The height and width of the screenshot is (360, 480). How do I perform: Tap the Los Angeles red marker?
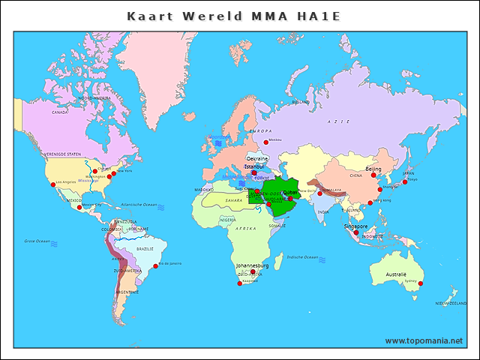(x=52, y=185)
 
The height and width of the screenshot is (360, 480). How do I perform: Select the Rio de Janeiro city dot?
(x=155, y=265)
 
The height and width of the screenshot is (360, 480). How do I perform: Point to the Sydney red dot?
(x=421, y=283)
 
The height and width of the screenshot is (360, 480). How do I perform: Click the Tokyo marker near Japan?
(x=405, y=181)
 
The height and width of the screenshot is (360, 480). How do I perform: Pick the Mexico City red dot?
(x=79, y=207)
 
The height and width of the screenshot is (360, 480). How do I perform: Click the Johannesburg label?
(x=251, y=265)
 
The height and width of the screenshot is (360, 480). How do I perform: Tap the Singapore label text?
(x=355, y=226)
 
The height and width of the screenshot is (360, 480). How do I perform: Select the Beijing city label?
(x=373, y=169)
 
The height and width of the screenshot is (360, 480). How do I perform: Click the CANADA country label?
(x=60, y=112)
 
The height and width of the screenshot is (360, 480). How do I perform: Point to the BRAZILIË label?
(x=144, y=248)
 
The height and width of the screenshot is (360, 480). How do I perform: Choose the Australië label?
(x=396, y=274)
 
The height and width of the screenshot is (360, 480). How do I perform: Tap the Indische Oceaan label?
(x=302, y=257)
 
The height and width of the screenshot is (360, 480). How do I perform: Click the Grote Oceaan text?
(x=36, y=241)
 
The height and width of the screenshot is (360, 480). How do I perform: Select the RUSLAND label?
(x=300, y=102)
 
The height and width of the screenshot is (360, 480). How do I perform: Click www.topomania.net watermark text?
(x=424, y=340)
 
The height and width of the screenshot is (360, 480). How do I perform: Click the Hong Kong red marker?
(x=370, y=202)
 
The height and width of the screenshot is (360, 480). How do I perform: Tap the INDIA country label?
(x=322, y=211)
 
